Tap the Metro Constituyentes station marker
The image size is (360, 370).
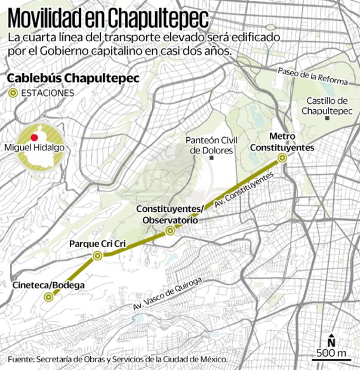point(282,158)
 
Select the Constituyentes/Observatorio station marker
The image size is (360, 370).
point(170,230)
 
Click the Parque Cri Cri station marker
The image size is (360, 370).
point(97,255)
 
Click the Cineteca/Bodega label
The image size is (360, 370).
point(48,285)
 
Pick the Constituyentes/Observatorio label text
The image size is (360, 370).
point(170,214)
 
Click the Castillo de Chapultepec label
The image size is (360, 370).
point(325,106)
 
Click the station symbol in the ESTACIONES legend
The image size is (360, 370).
point(12,94)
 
